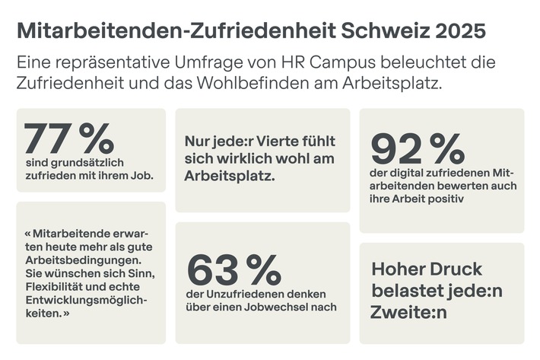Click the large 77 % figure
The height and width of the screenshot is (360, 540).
point(68,139)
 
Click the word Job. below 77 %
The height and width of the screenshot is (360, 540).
point(141,176)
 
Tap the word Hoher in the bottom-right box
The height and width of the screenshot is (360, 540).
point(398,269)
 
